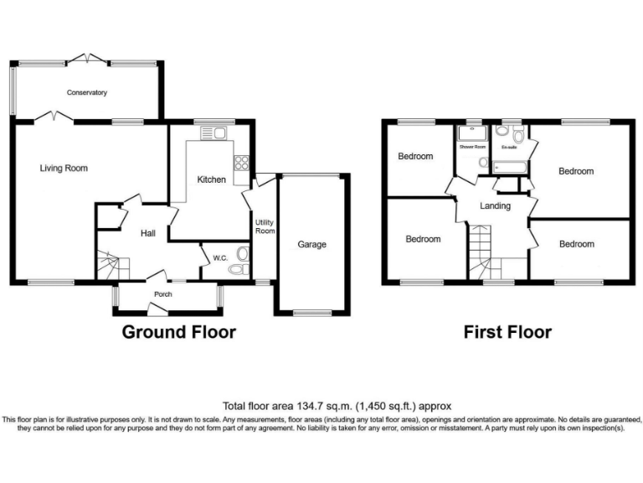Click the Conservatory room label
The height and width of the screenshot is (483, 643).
pyautogui.click(x=87, y=92)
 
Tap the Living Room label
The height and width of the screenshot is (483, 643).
pyautogui.click(x=64, y=169)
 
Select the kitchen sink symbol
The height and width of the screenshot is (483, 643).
pyautogui.click(x=214, y=132)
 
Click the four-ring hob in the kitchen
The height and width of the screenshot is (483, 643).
pyautogui.click(x=242, y=164)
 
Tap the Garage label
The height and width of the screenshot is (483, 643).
pyautogui.click(x=311, y=245)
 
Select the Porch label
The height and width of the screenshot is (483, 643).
pyautogui.click(x=162, y=294)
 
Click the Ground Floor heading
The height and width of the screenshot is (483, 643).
pyautogui.click(x=179, y=332)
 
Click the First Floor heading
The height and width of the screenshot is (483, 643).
pyautogui.click(x=507, y=332)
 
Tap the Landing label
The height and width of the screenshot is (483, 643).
pyautogui.click(x=495, y=205)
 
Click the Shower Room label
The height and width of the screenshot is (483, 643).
pyautogui.click(x=472, y=147)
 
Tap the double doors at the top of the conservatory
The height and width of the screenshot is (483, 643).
pyautogui.click(x=87, y=59)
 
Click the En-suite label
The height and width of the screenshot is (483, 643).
pyautogui.click(x=507, y=148)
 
